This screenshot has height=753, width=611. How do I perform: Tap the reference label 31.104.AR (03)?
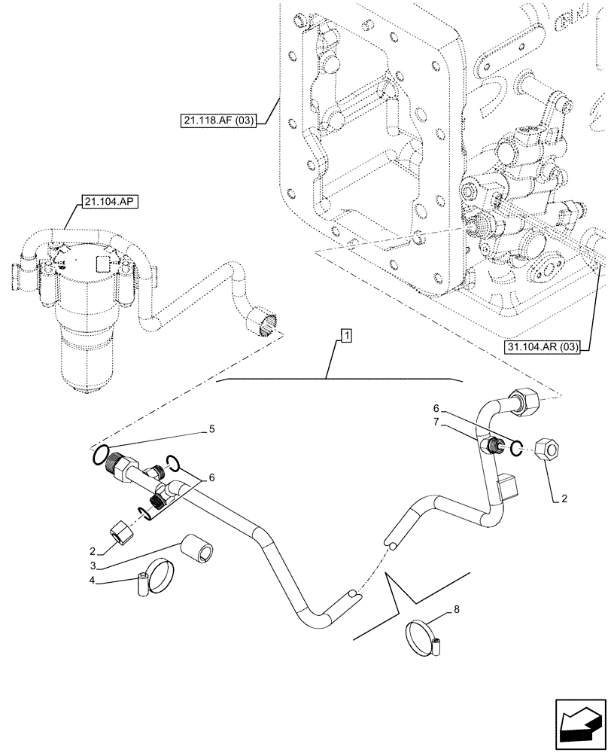(x=543, y=347)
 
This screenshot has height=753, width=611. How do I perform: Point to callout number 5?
(x=212, y=430)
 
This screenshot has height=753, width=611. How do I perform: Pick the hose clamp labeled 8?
(x=424, y=636)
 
